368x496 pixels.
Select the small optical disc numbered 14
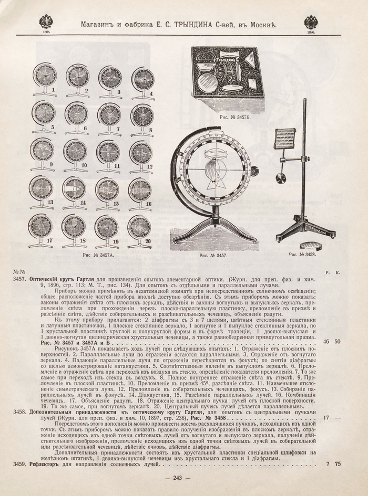pos(74,189)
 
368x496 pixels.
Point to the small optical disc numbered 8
pos(141,115)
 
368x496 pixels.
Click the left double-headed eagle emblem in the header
pos(46,22)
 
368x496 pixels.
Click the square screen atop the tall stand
pos(285,139)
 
